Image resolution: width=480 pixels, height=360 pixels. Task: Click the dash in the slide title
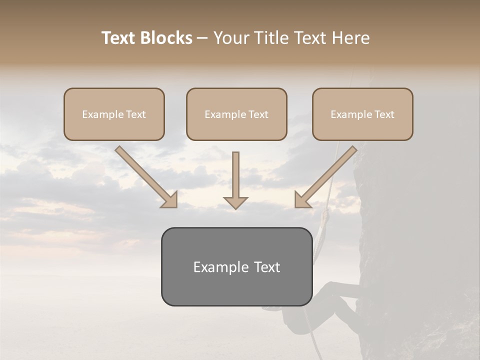(x=202, y=38)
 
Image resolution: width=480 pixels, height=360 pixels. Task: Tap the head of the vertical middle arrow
(x=235, y=202)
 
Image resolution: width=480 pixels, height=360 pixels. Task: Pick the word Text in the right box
(x=384, y=114)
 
